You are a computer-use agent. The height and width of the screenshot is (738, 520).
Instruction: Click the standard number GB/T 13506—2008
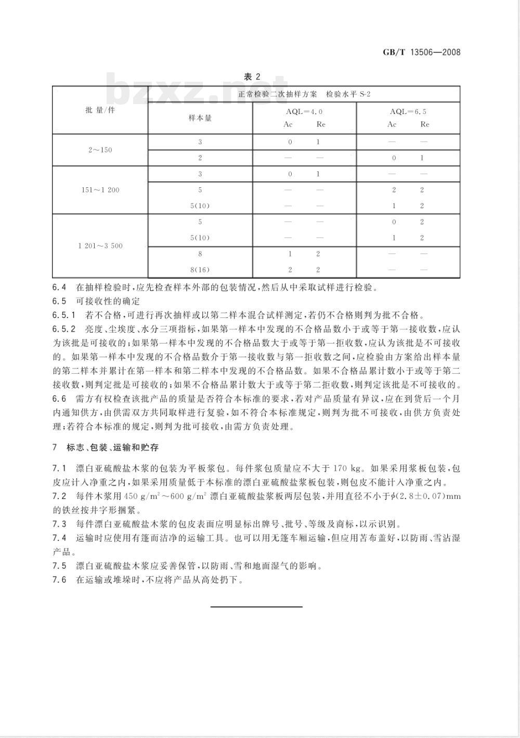422,52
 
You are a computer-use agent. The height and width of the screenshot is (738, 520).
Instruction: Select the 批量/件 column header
100,110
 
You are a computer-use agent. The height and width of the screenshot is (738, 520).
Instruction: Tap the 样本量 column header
200,118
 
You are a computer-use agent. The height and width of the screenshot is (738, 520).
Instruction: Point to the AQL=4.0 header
304,111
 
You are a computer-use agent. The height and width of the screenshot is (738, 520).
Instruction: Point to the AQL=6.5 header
408,111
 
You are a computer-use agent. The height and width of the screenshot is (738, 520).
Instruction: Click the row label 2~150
100,150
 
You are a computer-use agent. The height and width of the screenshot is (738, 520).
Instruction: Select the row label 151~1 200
100,190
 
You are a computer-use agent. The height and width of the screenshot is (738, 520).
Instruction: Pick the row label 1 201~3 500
100,246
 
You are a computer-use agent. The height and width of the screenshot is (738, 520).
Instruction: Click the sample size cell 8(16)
200,270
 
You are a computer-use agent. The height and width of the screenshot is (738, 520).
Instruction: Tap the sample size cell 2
200,158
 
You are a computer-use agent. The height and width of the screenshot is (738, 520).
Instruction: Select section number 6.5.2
64,329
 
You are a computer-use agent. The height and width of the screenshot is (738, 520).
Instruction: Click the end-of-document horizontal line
256,606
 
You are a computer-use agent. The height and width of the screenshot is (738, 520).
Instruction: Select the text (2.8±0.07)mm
428,496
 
